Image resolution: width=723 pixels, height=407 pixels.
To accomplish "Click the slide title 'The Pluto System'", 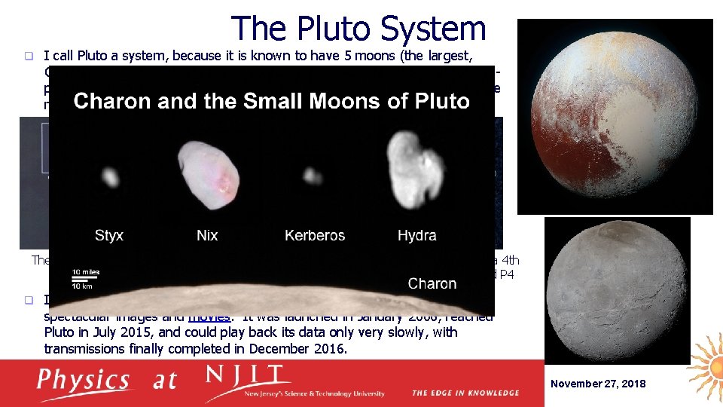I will click(x=358, y=29).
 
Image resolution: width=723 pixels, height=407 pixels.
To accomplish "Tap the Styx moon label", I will click(x=109, y=235).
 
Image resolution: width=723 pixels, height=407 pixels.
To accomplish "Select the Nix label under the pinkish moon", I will click(x=207, y=235).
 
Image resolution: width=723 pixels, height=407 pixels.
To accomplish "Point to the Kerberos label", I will click(x=315, y=235).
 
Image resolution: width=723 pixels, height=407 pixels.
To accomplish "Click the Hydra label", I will click(x=416, y=235).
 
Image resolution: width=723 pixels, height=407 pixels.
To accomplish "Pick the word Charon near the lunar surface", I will click(x=432, y=283).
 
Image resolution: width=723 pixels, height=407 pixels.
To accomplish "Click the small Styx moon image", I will click(x=110, y=178).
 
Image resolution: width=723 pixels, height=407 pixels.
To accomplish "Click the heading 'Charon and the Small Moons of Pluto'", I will click(x=271, y=101).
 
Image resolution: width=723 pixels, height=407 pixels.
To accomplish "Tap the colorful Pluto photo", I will click(x=614, y=117).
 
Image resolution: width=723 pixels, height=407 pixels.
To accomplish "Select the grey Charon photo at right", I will click(x=618, y=291).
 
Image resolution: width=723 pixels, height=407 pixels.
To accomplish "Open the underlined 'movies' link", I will click(x=208, y=317).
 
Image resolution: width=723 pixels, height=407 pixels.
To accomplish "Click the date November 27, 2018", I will click(x=598, y=384).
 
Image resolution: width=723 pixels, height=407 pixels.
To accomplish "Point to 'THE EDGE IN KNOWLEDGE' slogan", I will click(x=465, y=393).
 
